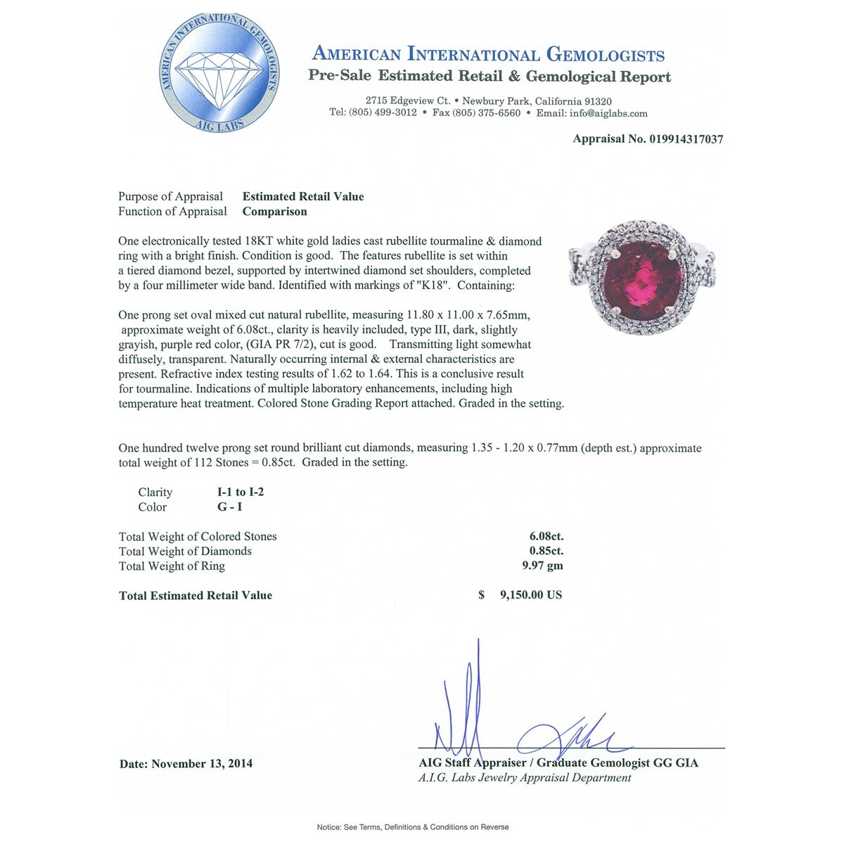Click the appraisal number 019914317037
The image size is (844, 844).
click(x=679, y=139)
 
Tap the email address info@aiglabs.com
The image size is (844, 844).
click(x=610, y=113)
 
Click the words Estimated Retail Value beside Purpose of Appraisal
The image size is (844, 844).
click(x=303, y=196)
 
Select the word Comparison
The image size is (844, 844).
click(x=274, y=211)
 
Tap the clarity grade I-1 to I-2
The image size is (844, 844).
click(x=241, y=492)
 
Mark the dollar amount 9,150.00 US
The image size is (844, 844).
click(x=530, y=595)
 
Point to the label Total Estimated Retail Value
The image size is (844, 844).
click(x=196, y=596)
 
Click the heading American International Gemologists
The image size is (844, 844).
click(x=488, y=54)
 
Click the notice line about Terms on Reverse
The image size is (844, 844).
click(x=413, y=827)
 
